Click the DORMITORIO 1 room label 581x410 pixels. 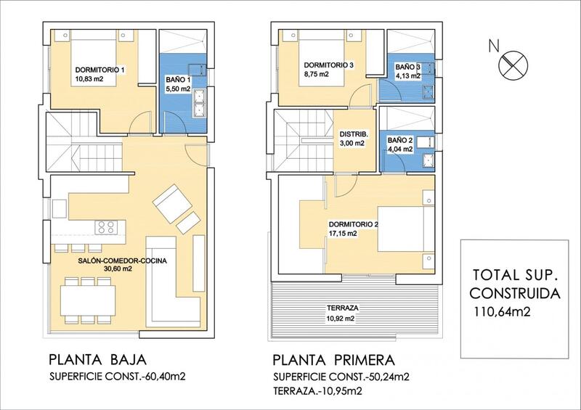(x=99, y=70)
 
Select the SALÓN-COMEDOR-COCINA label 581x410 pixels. (x=123, y=261)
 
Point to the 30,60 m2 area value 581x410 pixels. (x=118, y=269)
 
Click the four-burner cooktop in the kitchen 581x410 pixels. (x=106, y=227)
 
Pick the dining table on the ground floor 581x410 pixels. (x=88, y=300)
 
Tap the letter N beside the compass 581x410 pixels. (x=494, y=46)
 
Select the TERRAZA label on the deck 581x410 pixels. (x=342, y=308)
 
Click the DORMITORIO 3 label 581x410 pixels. (x=329, y=65)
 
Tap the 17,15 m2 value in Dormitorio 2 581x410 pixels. (x=343, y=234)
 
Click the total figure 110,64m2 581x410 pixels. (x=502, y=312)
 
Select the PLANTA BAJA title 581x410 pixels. (x=98, y=360)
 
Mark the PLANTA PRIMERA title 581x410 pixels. (x=334, y=360)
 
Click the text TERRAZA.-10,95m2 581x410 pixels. (x=317, y=390)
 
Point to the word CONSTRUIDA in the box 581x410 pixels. (x=515, y=293)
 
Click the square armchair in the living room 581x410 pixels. (x=172, y=203)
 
